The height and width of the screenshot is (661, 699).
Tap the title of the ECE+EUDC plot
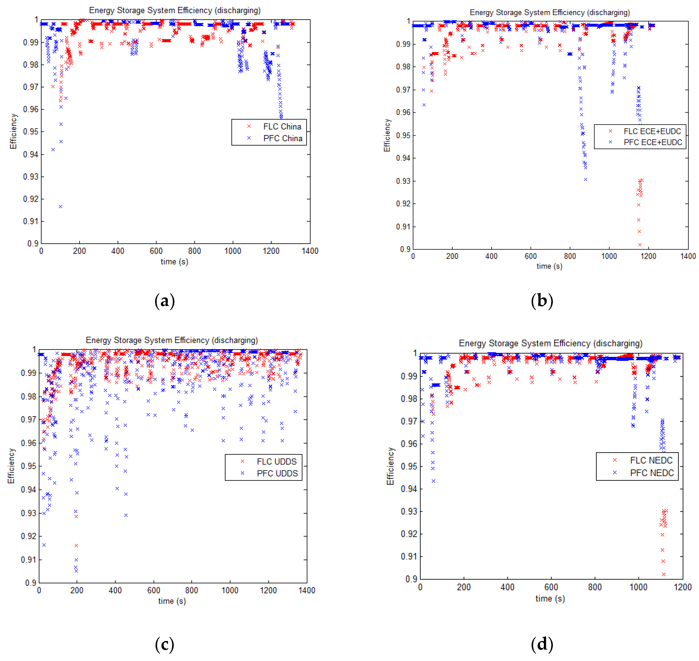pyautogui.click(x=549, y=13)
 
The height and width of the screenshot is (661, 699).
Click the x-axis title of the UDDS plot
pyautogui.click(x=172, y=601)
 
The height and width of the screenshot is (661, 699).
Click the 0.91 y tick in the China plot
pyautogui.click(x=31, y=221)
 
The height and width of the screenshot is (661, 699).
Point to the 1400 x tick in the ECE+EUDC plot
pyautogui.click(x=688, y=256)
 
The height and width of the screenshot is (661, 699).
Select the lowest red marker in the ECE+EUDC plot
pyautogui.click(x=640, y=245)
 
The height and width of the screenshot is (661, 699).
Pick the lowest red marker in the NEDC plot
pyautogui.click(x=664, y=574)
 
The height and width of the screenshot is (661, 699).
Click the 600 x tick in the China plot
pyautogui.click(x=156, y=251)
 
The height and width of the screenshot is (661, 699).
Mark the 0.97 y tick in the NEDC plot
pyautogui.click(x=409, y=421)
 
